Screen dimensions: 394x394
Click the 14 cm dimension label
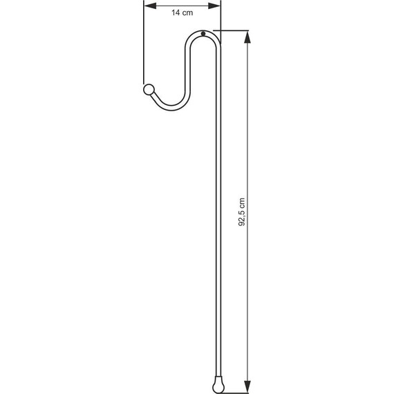tap(182, 12)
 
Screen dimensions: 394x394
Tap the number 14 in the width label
tap(176, 12)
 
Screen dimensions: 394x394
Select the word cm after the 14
tap(189, 12)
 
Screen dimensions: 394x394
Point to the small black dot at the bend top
tap(203, 34)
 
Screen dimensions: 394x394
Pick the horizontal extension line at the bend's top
tap(232, 30)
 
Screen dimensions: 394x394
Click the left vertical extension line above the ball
tap(144, 48)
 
